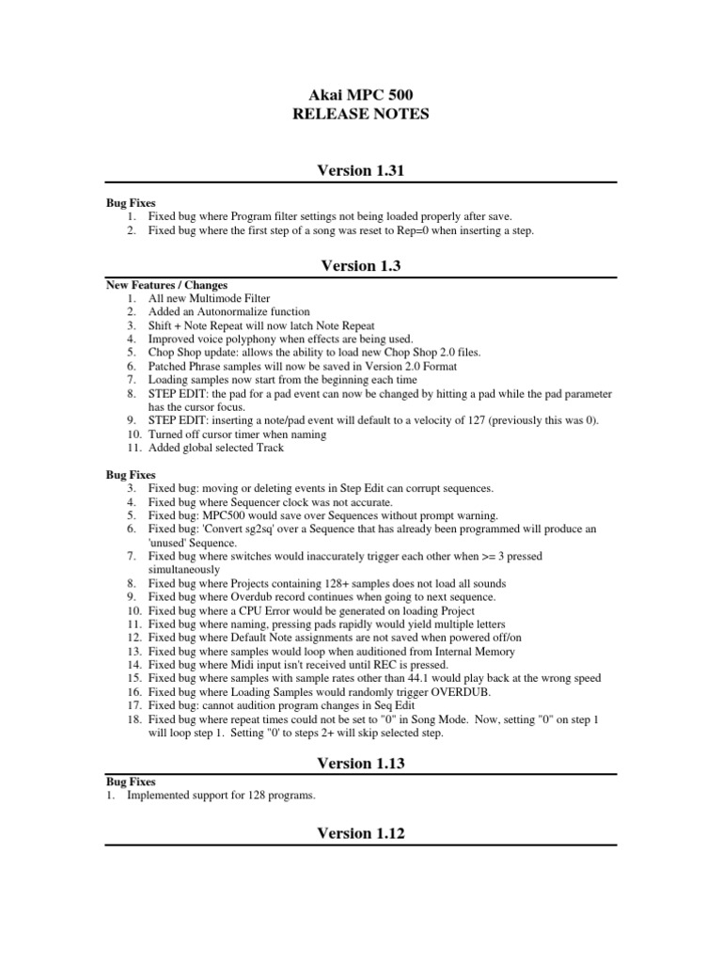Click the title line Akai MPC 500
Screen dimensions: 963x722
click(360, 95)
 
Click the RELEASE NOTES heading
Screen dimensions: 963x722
click(360, 115)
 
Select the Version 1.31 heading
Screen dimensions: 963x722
click(360, 170)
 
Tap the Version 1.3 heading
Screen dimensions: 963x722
click(360, 266)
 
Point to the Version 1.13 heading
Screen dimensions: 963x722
click(360, 764)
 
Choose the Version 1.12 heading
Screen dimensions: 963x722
click(360, 833)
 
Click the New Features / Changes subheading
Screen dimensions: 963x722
click(166, 285)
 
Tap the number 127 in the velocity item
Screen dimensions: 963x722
click(490, 420)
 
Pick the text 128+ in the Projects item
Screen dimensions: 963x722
click(310, 583)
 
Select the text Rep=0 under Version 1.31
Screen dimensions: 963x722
click(385, 230)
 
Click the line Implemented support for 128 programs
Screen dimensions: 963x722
click(221, 796)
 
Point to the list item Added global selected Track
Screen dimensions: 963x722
click(215, 448)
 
